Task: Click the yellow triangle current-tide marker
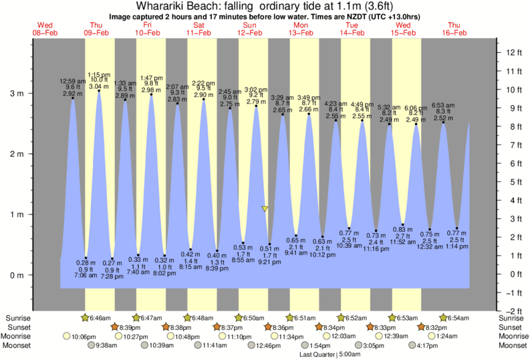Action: click(x=265, y=209)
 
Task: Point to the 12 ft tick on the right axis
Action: click(x=512, y=52)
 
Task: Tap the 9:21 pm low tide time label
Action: click(x=269, y=262)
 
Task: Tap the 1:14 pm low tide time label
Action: click(x=457, y=246)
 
